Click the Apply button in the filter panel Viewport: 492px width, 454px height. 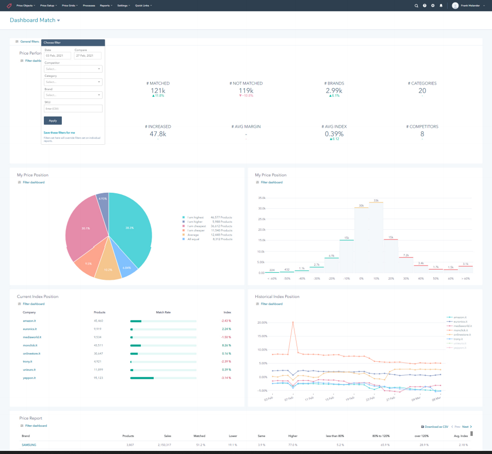53,121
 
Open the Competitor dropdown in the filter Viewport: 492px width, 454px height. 73,69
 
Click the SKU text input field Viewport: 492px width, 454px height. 73,109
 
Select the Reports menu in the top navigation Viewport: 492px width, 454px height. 105,5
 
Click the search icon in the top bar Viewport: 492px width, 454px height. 416,6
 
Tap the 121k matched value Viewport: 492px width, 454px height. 158,90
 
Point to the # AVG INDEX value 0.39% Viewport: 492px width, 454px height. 334,134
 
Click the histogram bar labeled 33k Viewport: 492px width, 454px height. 376,237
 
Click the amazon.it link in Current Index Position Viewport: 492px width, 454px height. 29,321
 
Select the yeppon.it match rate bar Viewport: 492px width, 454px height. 142,378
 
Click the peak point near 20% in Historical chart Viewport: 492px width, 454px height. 293,322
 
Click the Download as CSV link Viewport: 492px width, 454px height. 435,427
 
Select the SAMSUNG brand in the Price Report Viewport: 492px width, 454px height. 29,445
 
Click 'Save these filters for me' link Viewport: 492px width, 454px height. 59,132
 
